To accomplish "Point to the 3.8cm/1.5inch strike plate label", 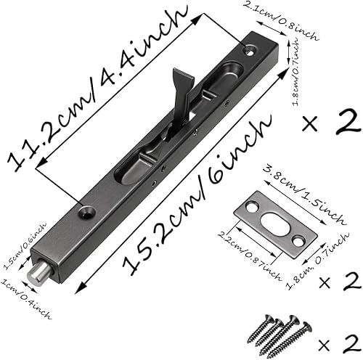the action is pos(303,195).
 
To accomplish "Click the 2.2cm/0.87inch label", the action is pos(249,255).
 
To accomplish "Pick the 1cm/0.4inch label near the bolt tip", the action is pos(25,299).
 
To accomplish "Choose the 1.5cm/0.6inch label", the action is pos(24,245).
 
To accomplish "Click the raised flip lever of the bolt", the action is pos(182,96).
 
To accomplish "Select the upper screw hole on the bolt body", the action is pos(250,50).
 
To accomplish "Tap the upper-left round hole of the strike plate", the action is pos(251,206).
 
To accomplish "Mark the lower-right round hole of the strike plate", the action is pos(298,240).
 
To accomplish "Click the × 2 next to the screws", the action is pos(339,344).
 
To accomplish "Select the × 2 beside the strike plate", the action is pos(339,281).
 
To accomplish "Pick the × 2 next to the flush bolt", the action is pos(332,121).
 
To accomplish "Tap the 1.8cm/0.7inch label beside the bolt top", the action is pos(295,73).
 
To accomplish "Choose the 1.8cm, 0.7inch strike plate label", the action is pos(317,262).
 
